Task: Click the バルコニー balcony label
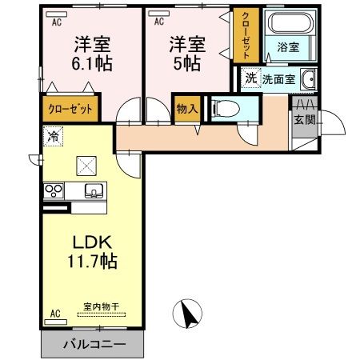tap(92, 346)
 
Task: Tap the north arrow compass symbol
tap(189, 313)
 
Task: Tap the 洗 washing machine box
tap(250, 78)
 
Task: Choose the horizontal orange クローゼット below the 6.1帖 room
tap(70, 108)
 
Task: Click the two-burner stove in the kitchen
tap(54, 191)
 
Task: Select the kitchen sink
tap(94, 191)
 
